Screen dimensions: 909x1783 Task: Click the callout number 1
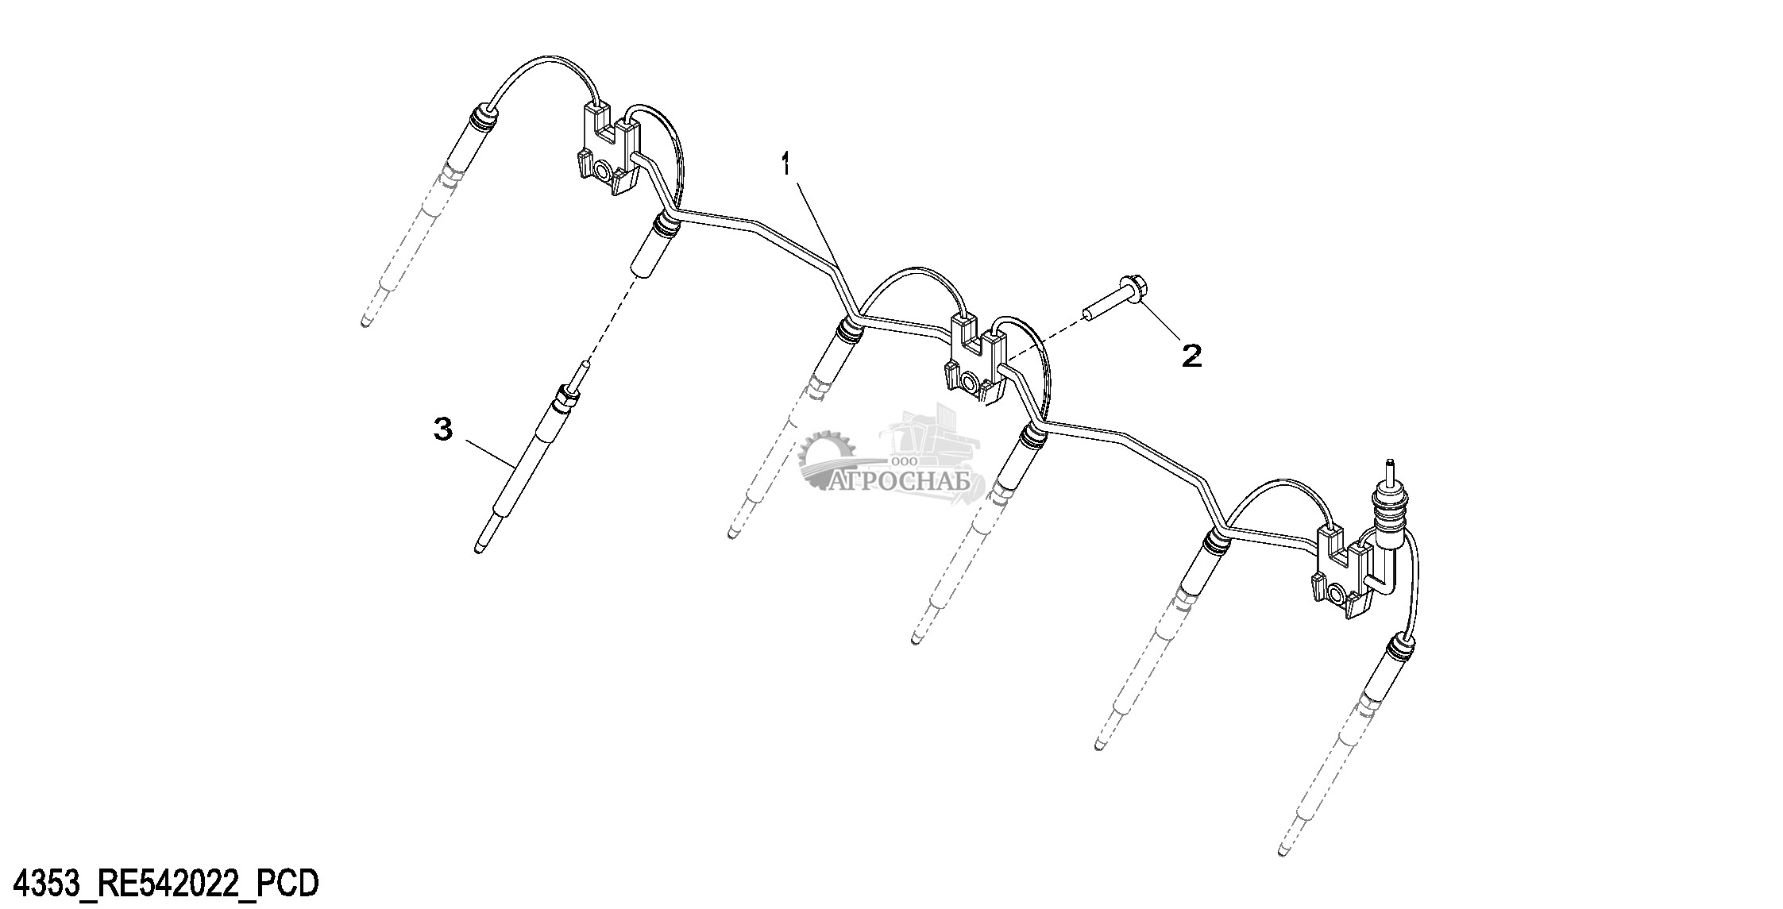[x=785, y=167]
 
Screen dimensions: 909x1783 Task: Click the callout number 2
[x=1191, y=355]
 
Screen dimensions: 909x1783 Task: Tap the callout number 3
[x=443, y=429]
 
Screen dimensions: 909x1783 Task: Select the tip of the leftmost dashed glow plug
[x=365, y=322]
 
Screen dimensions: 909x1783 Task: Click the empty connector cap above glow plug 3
[x=651, y=250]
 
